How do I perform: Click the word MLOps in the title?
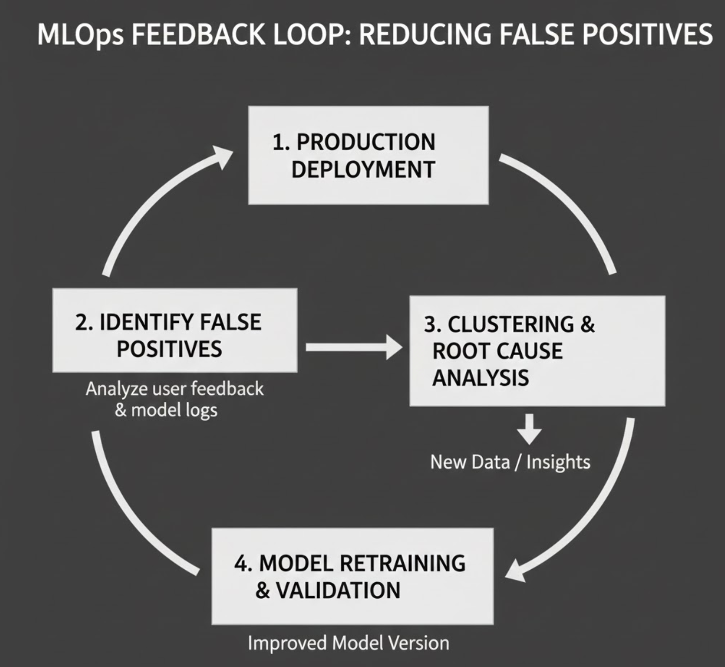79,35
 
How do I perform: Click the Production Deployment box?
368,155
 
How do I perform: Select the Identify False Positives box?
175,330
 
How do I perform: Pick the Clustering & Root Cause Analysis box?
537,351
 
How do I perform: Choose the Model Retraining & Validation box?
352,576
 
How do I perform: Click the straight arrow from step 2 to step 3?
353,347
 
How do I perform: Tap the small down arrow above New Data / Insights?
529,429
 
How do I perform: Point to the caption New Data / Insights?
510,462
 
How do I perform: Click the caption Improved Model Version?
348,643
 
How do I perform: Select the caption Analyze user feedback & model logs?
174,399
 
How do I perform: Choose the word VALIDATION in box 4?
337,590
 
